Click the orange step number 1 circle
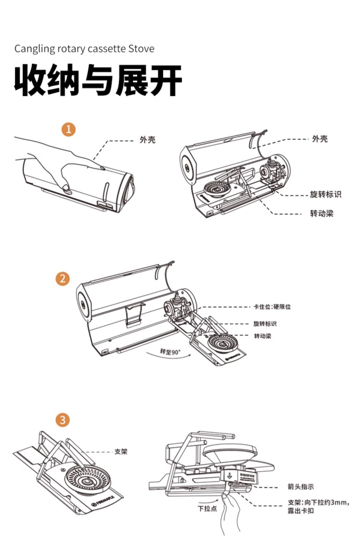coord(69,130)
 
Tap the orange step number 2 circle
coord(62,279)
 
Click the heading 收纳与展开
coord(98,80)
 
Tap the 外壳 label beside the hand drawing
coord(148,140)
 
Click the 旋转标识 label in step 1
coord(325,194)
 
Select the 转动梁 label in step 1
coord(322,214)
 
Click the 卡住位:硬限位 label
coord(272,307)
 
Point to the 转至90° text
coord(170,351)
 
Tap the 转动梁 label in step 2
coord(262,336)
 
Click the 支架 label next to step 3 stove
coord(121,451)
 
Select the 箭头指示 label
coord(301,487)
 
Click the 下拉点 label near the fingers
coord(207,509)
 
